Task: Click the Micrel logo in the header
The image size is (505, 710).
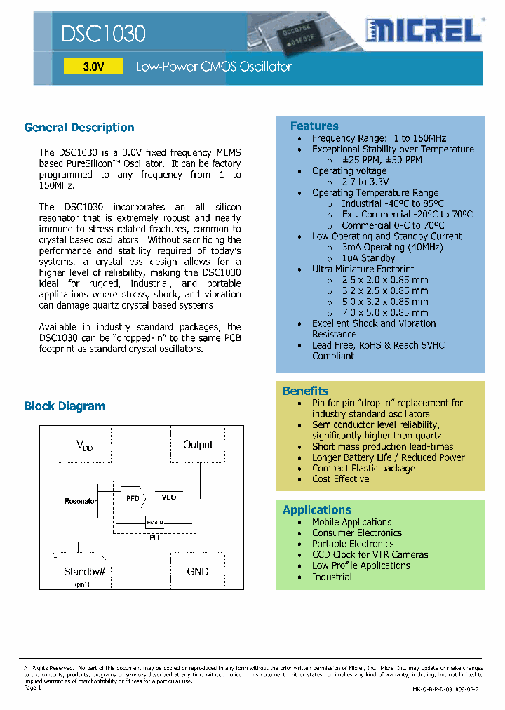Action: pos(423,32)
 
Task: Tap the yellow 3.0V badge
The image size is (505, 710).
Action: pos(93,67)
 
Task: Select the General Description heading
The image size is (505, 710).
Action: pos(79,128)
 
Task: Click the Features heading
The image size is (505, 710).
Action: pos(314,126)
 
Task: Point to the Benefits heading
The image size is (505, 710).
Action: pos(305,391)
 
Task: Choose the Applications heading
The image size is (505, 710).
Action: pos(316,510)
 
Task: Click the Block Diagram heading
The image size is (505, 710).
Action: pos(65,406)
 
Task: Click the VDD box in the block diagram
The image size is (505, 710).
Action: pos(84,446)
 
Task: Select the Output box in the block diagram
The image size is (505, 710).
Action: pos(198,445)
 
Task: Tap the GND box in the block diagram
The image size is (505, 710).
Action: pos(198,572)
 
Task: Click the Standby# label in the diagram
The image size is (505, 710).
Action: pos(84,572)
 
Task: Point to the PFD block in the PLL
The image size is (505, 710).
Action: pos(133,498)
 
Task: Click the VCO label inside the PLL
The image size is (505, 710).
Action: pos(169,497)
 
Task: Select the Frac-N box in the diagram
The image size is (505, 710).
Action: pos(155,523)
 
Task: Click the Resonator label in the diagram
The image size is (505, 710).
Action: pos(81,501)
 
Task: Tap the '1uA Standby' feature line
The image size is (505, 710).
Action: pos(368,258)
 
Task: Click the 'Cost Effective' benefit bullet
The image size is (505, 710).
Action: pos(341,479)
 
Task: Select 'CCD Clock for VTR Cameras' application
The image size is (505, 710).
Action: pos(370,555)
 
